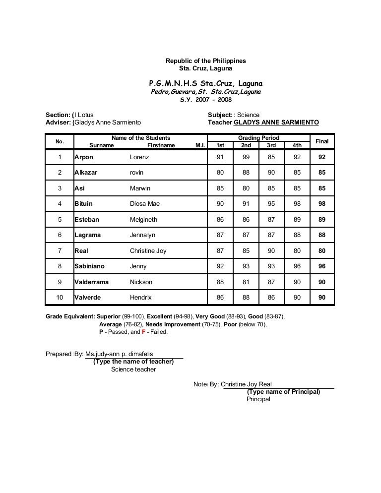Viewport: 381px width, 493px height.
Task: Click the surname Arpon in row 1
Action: point(84,157)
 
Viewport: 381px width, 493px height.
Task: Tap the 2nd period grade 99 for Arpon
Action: point(246,157)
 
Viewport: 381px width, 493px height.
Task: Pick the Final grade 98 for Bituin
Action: point(322,204)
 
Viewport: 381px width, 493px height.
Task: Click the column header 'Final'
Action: point(322,141)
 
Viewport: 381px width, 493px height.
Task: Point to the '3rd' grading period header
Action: point(271,146)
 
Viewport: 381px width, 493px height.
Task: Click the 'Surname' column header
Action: point(101,146)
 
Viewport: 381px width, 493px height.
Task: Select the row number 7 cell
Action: point(60,251)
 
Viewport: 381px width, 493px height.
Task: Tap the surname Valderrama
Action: point(92,282)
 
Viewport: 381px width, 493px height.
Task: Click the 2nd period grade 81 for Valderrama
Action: point(246,282)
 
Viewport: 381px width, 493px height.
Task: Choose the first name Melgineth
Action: point(143,220)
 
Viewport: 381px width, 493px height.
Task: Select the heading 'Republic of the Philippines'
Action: point(205,61)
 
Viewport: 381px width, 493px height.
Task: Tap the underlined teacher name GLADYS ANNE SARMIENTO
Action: point(276,123)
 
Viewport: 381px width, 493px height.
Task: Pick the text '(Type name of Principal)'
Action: point(283,391)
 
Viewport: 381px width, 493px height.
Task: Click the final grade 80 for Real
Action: point(322,251)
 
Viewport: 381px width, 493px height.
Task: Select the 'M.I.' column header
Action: point(200,146)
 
